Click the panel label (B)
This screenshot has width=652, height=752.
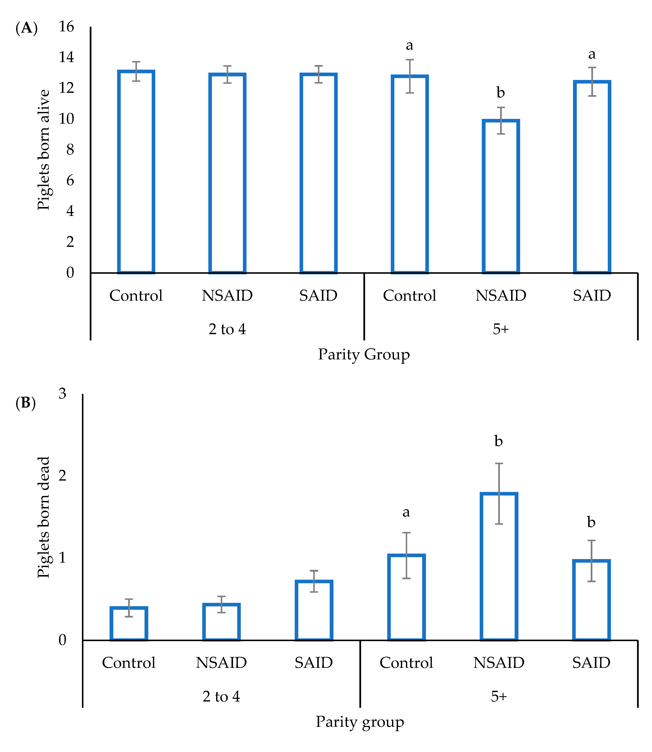coord(25,403)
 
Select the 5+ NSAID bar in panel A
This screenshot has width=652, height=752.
coord(501,196)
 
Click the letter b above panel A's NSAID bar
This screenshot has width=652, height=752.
coord(501,93)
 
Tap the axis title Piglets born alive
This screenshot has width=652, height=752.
coord(43,150)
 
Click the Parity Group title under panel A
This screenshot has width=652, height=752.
coord(364,354)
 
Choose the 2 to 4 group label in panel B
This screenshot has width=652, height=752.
coord(221,697)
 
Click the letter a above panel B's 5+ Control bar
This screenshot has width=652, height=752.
coord(406,513)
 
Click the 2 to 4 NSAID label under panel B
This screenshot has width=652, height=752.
coord(221,663)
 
